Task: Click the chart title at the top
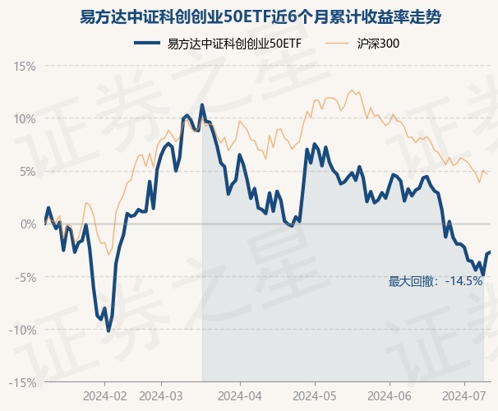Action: [248, 16]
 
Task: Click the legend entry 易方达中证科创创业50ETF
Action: [233, 43]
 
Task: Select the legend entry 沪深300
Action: [379, 43]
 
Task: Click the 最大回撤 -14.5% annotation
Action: [436, 281]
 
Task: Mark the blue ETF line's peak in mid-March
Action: [202, 105]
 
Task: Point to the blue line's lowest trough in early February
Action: [108, 330]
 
